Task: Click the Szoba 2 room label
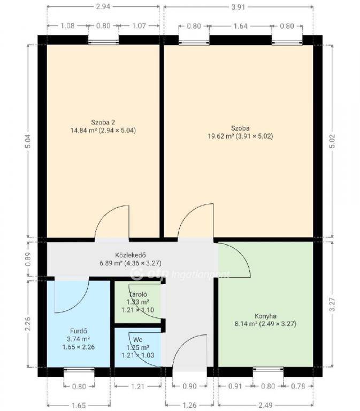(x=103, y=122)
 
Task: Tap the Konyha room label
(x=265, y=316)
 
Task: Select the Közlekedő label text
(x=131, y=255)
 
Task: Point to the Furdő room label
(x=79, y=331)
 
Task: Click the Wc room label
(x=137, y=340)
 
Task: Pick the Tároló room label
(x=138, y=294)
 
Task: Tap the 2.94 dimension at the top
(x=103, y=7)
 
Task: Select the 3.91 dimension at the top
(x=238, y=7)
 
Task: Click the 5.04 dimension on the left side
(x=28, y=141)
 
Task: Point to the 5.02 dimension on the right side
(x=332, y=141)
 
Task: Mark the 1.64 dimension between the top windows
(x=240, y=26)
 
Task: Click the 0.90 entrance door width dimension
(x=189, y=386)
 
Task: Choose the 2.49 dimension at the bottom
(x=265, y=405)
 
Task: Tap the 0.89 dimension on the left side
(x=28, y=259)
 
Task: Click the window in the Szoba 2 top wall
(x=103, y=41)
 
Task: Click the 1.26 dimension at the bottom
(x=189, y=405)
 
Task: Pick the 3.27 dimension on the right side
(x=332, y=305)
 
